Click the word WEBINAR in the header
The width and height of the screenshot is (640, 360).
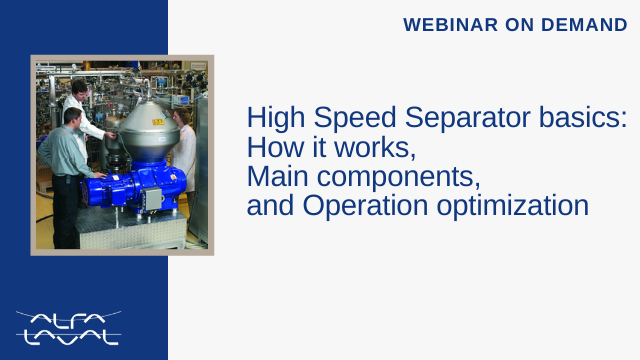pos(451,24)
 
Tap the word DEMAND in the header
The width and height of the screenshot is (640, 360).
pos(584,24)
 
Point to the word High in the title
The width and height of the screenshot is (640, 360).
pos(276,118)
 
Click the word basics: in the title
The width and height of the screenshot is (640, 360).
pos(583,118)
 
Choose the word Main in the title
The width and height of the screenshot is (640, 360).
pos(277,176)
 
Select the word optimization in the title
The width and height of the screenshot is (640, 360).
pos(513,205)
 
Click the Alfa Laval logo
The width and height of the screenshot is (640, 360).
pos(69,329)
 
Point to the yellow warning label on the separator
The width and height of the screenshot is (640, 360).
pos(158,122)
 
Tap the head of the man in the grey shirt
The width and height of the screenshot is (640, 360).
pos(73,117)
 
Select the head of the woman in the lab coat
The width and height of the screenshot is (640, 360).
pos(182,117)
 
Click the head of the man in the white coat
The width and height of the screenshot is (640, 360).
pos(79,89)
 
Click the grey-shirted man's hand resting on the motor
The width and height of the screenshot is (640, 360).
pos(100,176)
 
